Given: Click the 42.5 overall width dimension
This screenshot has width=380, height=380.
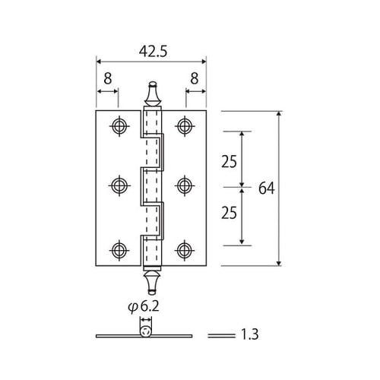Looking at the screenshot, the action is (x=153, y=52).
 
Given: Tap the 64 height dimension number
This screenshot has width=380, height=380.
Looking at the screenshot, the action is (x=267, y=188).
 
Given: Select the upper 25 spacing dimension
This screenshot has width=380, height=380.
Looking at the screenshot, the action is (x=229, y=162).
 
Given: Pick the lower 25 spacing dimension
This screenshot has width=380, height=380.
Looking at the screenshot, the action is (x=229, y=213).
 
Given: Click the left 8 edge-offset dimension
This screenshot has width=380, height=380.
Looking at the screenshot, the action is (x=108, y=78).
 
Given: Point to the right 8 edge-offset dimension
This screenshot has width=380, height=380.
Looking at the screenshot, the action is (x=195, y=78).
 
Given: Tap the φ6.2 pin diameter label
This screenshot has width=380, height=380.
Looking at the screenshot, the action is (x=144, y=307).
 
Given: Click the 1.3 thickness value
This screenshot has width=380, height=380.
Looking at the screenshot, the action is (x=249, y=334).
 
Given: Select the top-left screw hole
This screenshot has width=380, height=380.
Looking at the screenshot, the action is (x=119, y=126).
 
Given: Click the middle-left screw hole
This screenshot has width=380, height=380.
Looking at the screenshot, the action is (x=119, y=185).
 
